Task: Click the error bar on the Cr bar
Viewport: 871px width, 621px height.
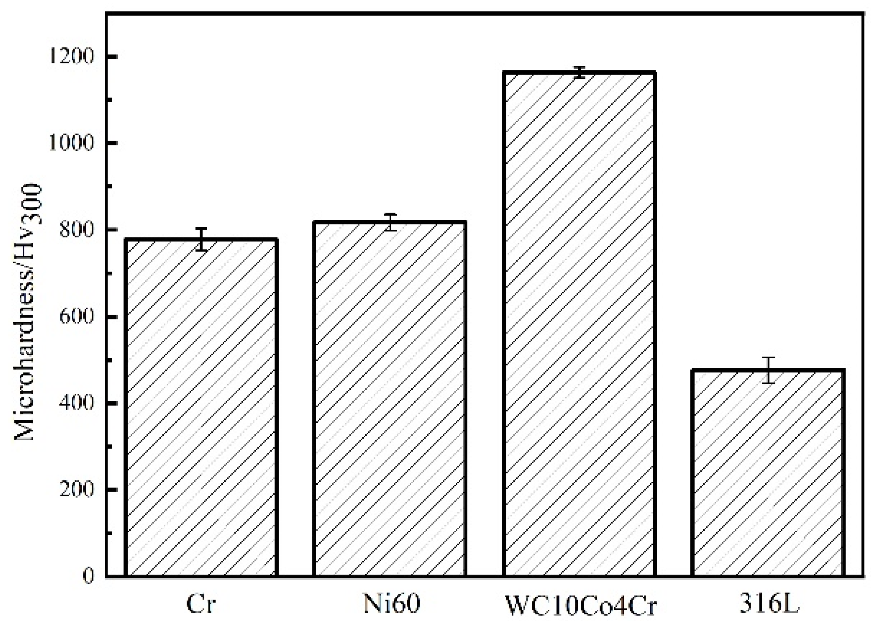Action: point(201,239)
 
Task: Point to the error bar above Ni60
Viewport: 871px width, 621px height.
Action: point(390,222)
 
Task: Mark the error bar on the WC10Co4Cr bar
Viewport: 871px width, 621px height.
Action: point(580,72)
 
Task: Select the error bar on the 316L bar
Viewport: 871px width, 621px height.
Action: point(768,370)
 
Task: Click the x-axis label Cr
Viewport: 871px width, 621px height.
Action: point(201,605)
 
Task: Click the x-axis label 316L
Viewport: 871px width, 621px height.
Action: point(769,605)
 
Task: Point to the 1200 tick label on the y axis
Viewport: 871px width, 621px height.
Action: point(71,57)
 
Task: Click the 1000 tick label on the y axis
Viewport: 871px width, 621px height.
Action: point(71,144)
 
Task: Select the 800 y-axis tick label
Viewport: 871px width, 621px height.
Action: point(76,230)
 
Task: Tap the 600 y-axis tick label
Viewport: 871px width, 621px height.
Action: point(76,317)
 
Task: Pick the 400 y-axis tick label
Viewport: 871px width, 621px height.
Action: point(76,403)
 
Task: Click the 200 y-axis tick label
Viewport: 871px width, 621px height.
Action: point(76,490)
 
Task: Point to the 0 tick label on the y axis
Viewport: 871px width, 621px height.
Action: point(88,576)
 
